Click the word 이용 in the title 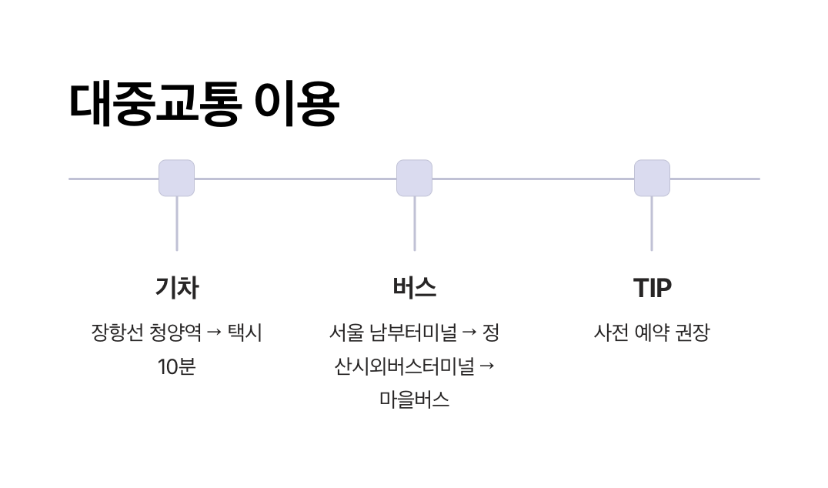297,103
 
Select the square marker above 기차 176,178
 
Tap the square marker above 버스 414,178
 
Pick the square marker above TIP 652,178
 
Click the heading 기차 177,288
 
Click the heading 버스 414,288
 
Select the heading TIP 652,288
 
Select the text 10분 177,366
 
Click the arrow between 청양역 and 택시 215,333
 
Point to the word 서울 346,333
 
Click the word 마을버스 414,400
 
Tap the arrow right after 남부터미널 469,333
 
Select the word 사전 611,333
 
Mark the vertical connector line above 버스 414,223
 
